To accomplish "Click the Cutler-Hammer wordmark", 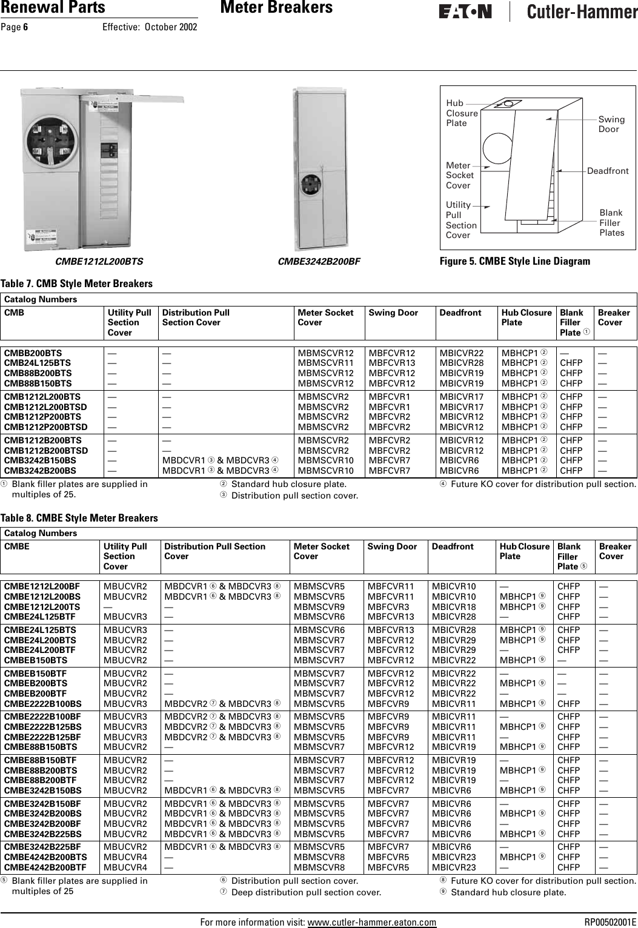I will [x=581, y=12].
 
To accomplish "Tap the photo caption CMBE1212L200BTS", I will [x=99, y=262].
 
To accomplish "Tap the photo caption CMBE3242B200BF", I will [x=319, y=262].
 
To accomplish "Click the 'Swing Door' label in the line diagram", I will [x=611, y=124].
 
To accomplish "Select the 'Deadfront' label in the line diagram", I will [x=608, y=171].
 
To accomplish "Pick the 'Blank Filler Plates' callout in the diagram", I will [x=611, y=222].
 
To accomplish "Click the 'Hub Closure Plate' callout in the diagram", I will [x=461, y=113].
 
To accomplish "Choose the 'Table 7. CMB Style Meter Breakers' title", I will [x=76, y=284].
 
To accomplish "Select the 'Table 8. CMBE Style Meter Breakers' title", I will [x=79, y=518].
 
